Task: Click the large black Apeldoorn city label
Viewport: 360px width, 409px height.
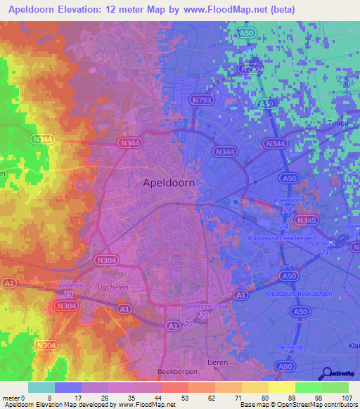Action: [x=169, y=182]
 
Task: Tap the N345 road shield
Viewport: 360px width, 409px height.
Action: [x=307, y=220]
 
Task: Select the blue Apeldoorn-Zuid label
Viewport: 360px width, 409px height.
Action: [x=203, y=306]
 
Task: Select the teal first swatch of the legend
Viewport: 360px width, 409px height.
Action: [x=41, y=387]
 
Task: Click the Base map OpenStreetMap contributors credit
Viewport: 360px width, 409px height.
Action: [x=298, y=405]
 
